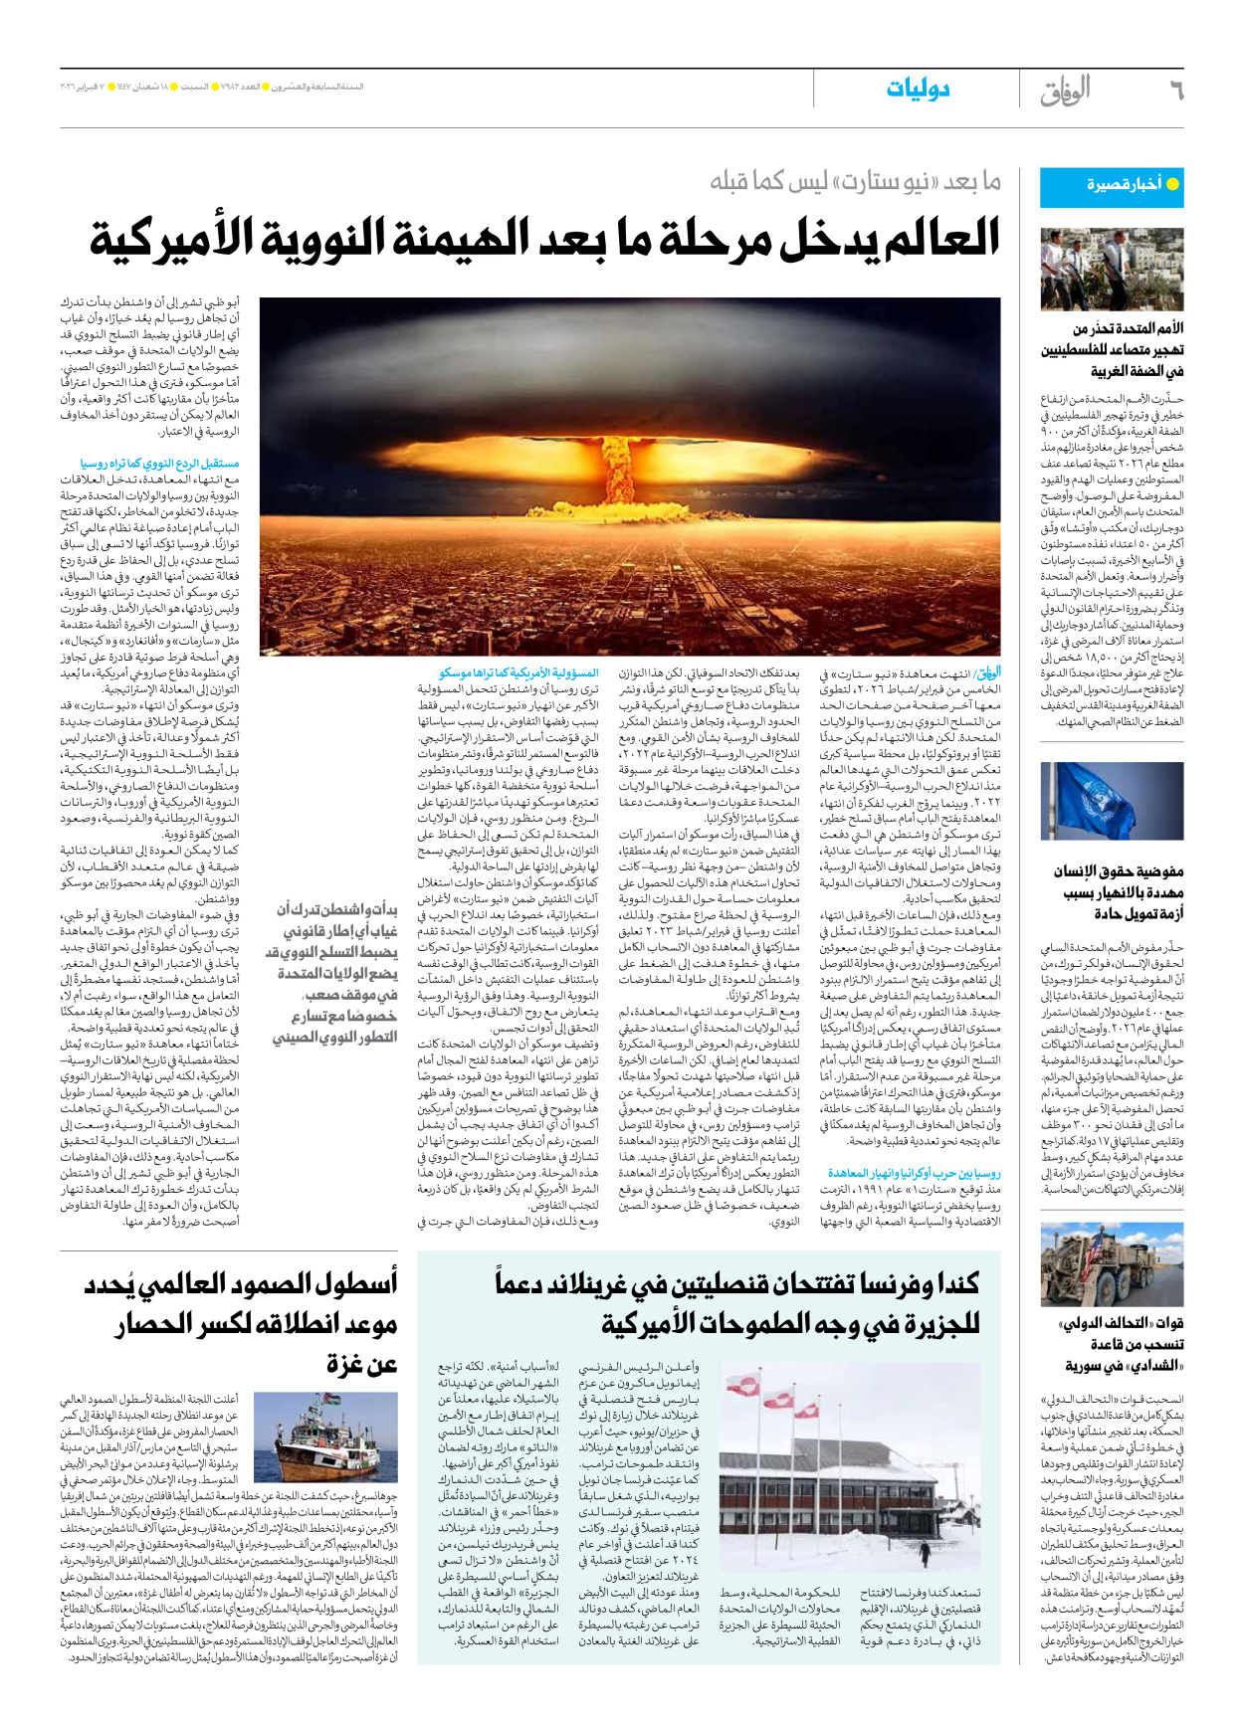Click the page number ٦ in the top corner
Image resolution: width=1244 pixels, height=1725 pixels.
point(1175,91)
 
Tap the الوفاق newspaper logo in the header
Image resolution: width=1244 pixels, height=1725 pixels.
point(1065,91)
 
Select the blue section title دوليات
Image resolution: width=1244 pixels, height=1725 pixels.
point(918,90)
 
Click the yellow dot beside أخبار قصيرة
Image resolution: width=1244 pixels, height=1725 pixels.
point(1172,185)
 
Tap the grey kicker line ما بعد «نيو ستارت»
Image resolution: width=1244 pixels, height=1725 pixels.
point(855,182)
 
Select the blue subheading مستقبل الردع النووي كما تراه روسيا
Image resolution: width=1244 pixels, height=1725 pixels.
point(160,464)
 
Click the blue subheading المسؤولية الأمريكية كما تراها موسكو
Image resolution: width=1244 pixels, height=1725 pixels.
point(518,673)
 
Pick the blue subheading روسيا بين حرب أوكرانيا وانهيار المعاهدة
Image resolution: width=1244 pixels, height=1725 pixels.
point(914,1174)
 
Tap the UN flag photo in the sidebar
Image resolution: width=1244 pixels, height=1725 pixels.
point(1112,802)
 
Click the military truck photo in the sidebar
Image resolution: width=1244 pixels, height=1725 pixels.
point(1112,1263)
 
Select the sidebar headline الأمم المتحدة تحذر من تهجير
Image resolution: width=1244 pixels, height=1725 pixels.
point(1113,349)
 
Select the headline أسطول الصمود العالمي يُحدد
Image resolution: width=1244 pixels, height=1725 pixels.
point(242,1284)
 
